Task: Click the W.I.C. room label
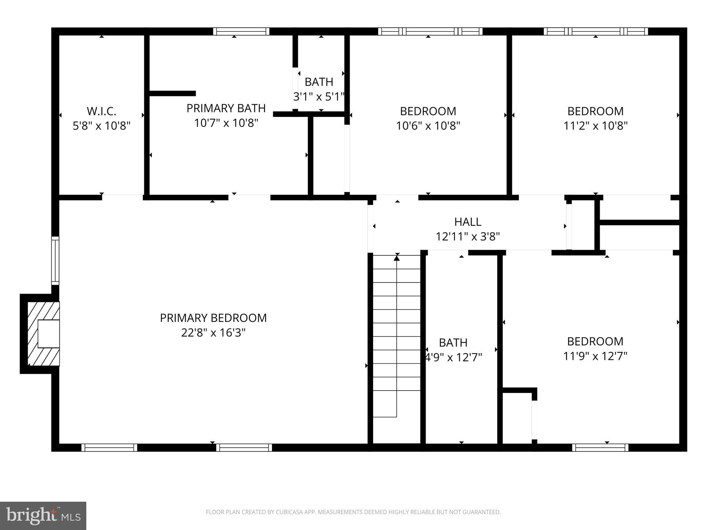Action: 101,111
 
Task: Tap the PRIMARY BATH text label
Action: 226,108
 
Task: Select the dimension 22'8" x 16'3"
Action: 213,333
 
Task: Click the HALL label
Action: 468,222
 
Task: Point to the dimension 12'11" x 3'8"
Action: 468,237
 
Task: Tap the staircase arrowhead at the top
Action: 397,257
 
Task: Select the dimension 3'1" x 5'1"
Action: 319,97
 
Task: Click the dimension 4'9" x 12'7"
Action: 453,357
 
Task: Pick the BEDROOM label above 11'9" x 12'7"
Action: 595,341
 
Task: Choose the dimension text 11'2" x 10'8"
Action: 595,126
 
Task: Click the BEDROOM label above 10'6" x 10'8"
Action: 428,111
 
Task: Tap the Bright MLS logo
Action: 43,516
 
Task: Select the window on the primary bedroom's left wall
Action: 55,261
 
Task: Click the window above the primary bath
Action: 241,31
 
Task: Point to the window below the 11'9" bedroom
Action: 600,448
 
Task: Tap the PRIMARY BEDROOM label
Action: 213,318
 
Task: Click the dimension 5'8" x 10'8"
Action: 101,126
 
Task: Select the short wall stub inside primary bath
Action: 172,93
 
